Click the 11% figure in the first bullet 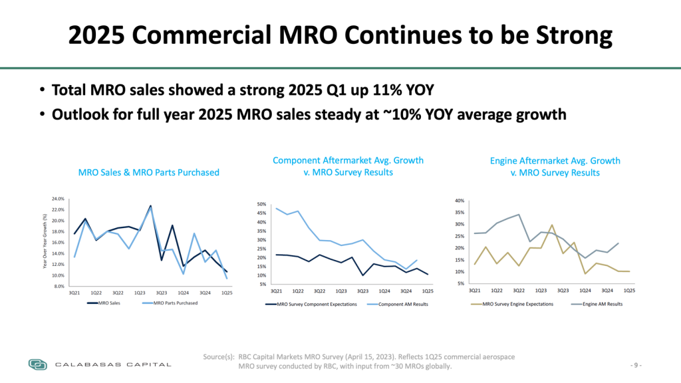tap(356, 90)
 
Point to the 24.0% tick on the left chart tap(57, 199)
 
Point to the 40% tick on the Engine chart tap(460, 200)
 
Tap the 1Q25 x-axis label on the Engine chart tap(628, 290)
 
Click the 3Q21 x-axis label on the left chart tap(74, 293)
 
